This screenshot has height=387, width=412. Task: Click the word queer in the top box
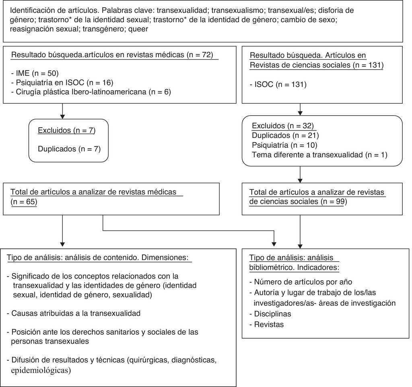tap(138, 29)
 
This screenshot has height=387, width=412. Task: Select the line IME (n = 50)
tap(35, 73)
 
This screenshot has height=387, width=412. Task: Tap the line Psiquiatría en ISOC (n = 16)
tap(62, 83)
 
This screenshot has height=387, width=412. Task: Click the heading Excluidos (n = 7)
tap(66, 130)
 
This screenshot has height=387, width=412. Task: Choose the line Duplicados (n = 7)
tap(69, 149)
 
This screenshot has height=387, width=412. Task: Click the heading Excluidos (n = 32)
tap(282, 126)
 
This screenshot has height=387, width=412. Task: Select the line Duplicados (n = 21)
tap(285, 135)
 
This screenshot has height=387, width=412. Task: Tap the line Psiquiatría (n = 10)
tap(284, 145)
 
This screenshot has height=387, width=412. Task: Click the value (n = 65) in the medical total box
tap(24, 202)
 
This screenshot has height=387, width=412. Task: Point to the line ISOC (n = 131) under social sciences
tap(278, 85)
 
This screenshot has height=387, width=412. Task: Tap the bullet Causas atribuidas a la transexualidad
tap(74, 313)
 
